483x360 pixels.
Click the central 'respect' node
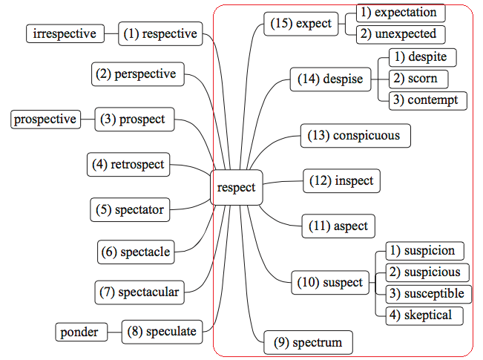pyautogui.click(x=236, y=188)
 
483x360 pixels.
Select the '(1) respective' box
pyautogui.click(x=160, y=33)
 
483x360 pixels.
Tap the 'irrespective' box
pyautogui.click(x=65, y=33)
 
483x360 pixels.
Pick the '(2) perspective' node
pyautogui.click(x=138, y=74)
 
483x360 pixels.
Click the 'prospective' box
pyautogui.click(x=45, y=119)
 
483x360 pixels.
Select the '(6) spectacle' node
pyautogui.click(x=136, y=252)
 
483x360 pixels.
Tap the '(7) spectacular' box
pyautogui.click(x=139, y=292)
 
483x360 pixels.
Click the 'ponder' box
pyautogui.click(x=79, y=332)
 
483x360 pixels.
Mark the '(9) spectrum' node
pyautogui.click(x=308, y=343)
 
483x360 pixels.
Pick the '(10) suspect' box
pyautogui.click(x=330, y=283)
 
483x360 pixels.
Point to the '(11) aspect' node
pyautogui.click(x=338, y=226)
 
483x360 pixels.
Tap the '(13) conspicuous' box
pyautogui.click(x=355, y=136)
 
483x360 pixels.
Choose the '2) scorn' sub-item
pyautogui.click(x=418, y=79)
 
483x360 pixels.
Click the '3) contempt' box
pyautogui.click(x=428, y=100)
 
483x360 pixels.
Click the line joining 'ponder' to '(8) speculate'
pyautogui.click(x=112, y=332)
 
